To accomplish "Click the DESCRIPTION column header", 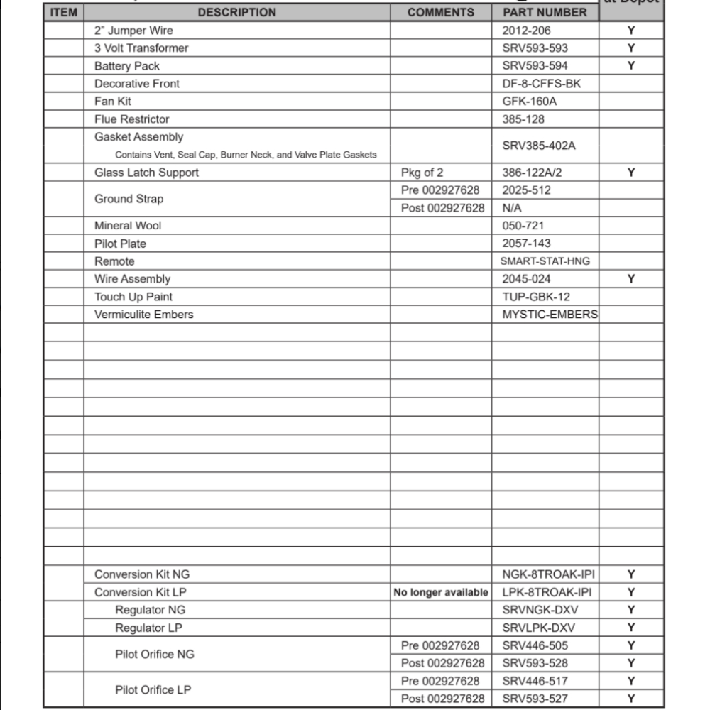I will (x=236, y=12).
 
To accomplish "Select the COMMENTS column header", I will (x=440, y=12).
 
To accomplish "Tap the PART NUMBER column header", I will (x=545, y=12).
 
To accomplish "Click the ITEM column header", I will (x=64, y=12).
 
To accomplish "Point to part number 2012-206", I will (x=526, y=31).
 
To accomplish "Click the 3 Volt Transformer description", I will (x=141, y=48).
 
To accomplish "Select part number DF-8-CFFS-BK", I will (x=541, y=84).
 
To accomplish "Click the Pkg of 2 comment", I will (x=422, y=173).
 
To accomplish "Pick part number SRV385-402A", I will (x=539, y=146).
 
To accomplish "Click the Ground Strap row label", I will (x=129, y=199).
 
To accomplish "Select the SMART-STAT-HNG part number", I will (x=545, y=261).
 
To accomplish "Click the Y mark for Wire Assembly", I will (x=631, y=279).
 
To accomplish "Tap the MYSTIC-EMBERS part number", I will (x=550, y=315).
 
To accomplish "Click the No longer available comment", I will (x=441, y=592).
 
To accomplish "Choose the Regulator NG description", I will (x=150, y=610).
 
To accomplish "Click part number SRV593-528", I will (x=535, y=663).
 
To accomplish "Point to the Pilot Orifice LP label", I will (x=153, y=689).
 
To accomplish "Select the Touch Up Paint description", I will (x=133, y=297).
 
